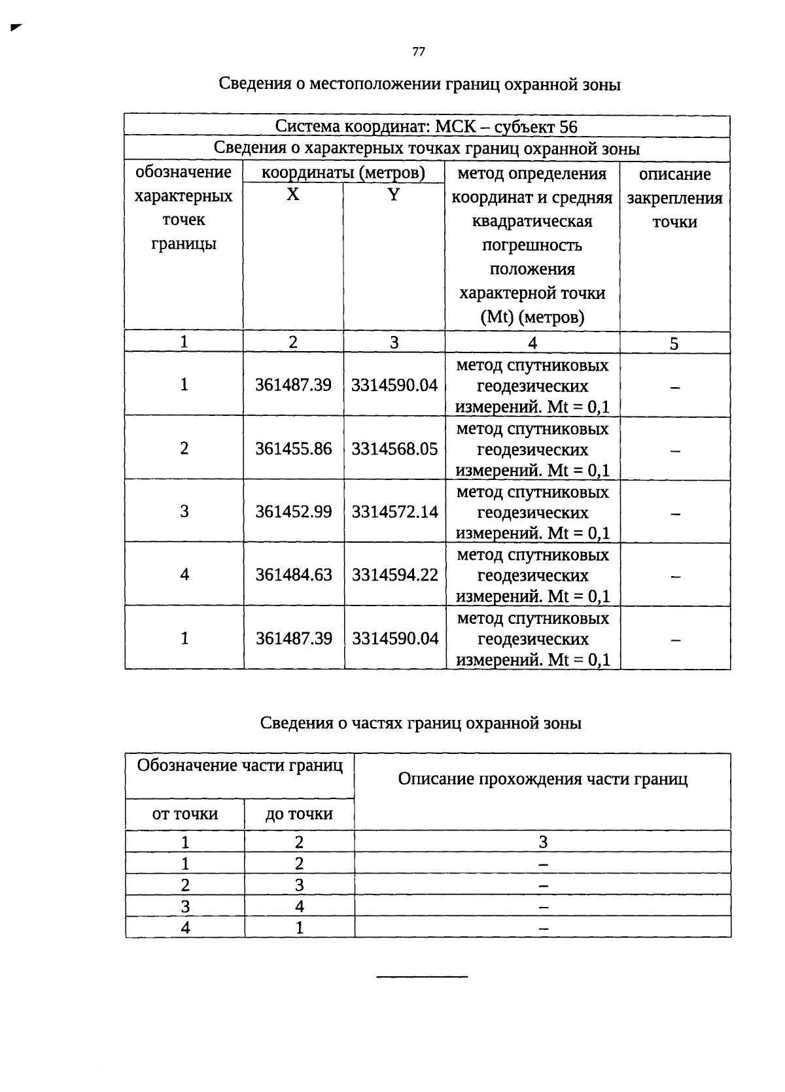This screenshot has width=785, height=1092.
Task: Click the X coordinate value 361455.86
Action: [x=294, y=449]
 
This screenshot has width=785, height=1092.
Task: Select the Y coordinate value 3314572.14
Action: [x=394, y=512]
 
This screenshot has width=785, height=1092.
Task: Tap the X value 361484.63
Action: [x=294, y=575]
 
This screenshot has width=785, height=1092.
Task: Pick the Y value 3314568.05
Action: [x=394, y=449]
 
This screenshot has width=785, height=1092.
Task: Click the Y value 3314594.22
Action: [x=394, y=575]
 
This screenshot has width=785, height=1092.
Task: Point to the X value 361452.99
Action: [x=294, y=512]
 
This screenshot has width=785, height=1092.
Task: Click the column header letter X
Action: [x=293, y=195]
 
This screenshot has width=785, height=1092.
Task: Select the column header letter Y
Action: [x=393, y=195]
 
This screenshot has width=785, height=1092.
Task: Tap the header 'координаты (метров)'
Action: [x=343, y=173]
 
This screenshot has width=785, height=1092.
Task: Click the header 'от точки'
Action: [x=185, y=814]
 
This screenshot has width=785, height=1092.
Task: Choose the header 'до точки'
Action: [x=299, y=814]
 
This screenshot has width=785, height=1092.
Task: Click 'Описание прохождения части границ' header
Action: [x=542, y=779]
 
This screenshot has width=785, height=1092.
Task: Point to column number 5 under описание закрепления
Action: [x=674, y=344]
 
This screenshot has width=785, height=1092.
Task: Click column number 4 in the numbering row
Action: [x=532, y=343]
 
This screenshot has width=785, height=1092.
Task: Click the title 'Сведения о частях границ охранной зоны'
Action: [x=421, y=723]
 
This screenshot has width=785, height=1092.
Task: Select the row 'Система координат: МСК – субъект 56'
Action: [x=427, y=126]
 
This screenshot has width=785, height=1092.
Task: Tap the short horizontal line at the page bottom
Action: [x=422, y=977]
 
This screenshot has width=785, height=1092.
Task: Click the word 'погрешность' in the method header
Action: [x=532, y=245]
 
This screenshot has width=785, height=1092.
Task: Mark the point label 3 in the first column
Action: [x=184, y=512]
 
